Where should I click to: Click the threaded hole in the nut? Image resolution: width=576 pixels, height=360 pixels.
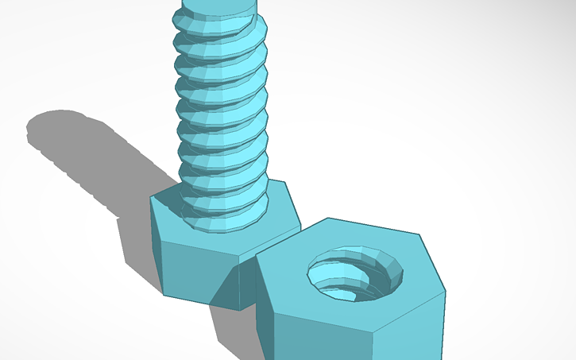click(355, 274)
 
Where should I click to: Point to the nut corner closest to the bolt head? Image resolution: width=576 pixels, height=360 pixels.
click(256, 257)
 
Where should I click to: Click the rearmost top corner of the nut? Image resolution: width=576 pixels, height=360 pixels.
click(327, 219)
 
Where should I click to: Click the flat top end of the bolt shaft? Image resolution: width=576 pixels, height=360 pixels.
click(218, 6)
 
